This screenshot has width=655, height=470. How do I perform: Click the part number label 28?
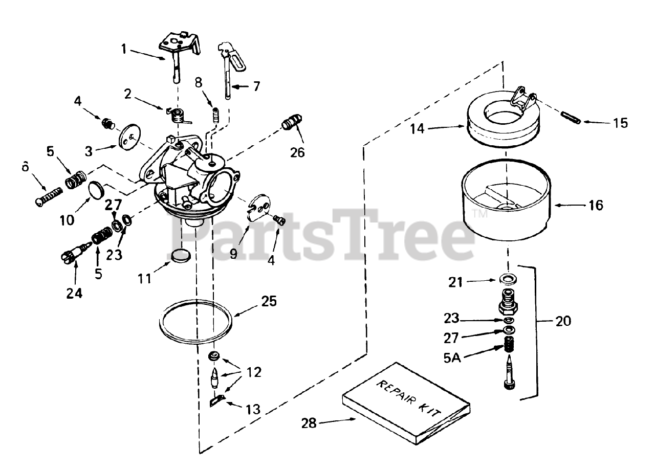[x=309, y=423]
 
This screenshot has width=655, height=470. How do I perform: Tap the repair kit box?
[x=405, y=405]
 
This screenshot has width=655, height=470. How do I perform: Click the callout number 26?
[x=297, y=152]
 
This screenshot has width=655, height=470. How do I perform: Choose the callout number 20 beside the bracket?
[x=562, y=321]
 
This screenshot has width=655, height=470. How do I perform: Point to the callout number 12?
[x=253, y=372]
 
